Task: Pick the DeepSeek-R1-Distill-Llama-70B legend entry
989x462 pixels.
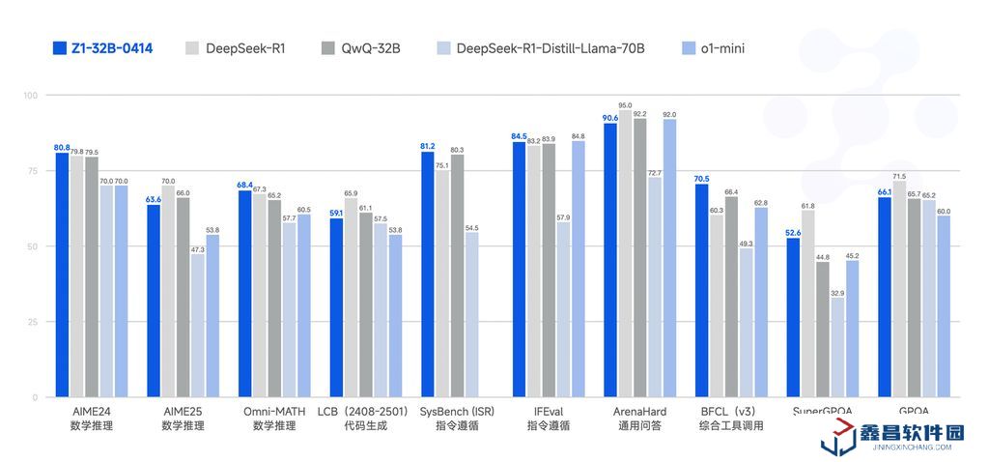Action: click(551, 47)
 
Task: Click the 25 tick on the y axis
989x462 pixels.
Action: click(32, 322)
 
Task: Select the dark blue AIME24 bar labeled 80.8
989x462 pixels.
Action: click(62, 274)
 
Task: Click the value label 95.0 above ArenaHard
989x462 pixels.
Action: click(625, 105)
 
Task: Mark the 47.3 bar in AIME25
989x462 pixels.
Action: click(198, 326)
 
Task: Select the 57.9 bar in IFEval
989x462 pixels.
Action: click(563, 309)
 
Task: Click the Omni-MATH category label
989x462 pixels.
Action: click(275, 411)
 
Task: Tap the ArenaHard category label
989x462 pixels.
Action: click(639, 411)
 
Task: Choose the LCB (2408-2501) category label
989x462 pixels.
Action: click(363, 411)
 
